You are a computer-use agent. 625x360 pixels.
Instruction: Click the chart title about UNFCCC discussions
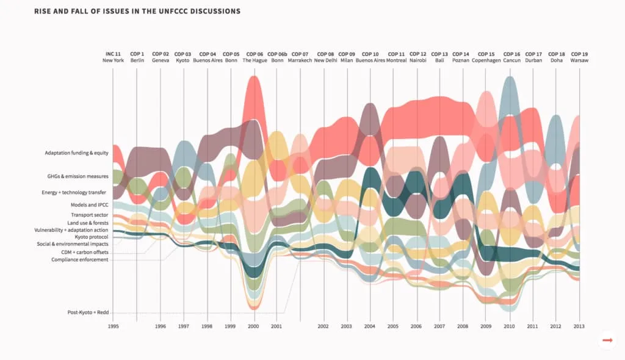click(137, 12)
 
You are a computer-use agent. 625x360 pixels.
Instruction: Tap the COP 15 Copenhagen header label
click(486, 57)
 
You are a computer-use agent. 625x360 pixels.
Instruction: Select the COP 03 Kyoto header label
click(182, 57)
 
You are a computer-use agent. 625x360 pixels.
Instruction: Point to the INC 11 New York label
click(113, 57)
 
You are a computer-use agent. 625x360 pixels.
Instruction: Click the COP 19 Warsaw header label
click(579, 57)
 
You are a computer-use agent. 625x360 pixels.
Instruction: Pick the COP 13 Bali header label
click(439, 57)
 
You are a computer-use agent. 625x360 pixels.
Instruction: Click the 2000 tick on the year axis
click(253, 327)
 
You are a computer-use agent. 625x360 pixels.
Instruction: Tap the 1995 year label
click(113, 327)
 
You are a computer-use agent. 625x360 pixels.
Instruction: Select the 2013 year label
click(579, 327)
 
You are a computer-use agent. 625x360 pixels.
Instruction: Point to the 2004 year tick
click(369, 327)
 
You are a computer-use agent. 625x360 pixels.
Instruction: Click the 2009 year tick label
click(486, 327)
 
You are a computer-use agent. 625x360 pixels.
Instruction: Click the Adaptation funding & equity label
click(76, 153)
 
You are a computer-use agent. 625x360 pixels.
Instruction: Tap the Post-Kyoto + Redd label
click(88, 312)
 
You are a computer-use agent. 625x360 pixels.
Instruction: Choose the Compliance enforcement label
click(79, 259)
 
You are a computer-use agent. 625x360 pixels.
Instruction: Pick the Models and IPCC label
click(89, 205)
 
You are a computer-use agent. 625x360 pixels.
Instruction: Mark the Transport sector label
click(89, 215)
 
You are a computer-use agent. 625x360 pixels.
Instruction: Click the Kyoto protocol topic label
click(92, 237)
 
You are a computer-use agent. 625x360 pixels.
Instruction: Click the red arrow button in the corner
click(607, 340)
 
